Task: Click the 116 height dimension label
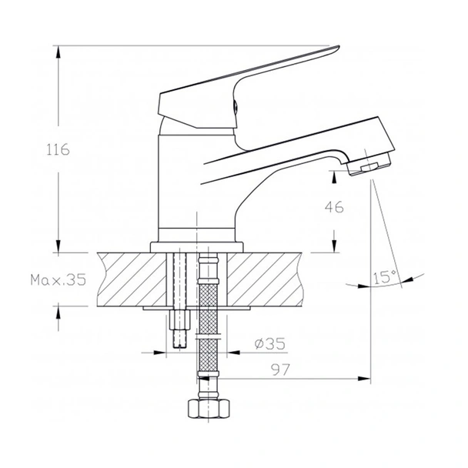(58, 150)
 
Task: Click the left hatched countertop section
(131, 278)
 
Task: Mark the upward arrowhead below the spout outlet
(333, 176)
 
